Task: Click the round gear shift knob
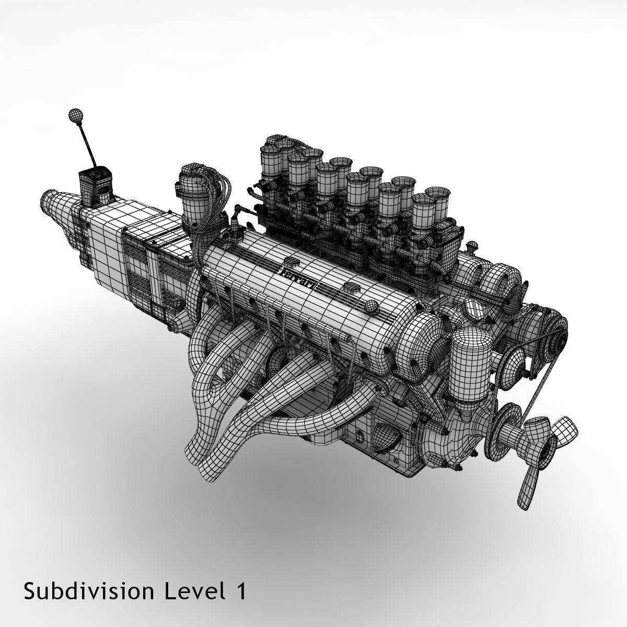tap(76, 116)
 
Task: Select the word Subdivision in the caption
tap(89, 591)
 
